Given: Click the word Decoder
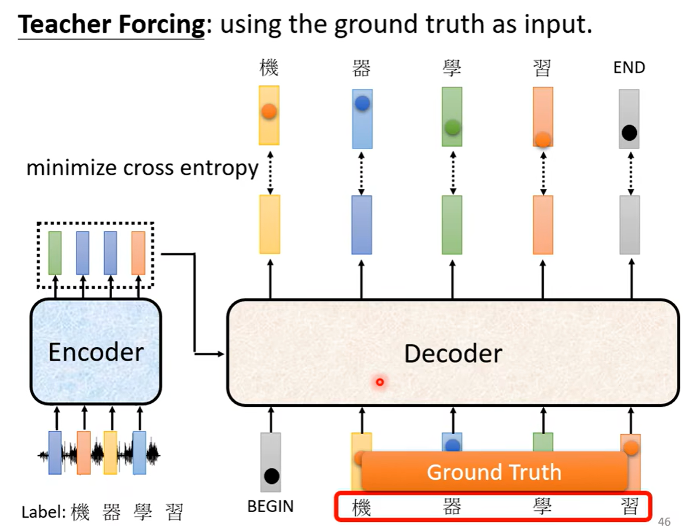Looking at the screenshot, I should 453,353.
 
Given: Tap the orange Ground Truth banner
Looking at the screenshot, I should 494,472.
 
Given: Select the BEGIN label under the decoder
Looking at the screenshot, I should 270,506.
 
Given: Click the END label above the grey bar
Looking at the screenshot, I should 629,68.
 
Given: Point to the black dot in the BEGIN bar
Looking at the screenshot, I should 271,476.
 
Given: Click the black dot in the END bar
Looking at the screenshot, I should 629,133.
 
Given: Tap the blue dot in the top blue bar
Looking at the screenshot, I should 362,103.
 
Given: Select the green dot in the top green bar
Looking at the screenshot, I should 452,127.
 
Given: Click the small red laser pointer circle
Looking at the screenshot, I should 380,382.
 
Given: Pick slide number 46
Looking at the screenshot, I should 664,521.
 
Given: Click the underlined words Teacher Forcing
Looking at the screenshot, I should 111,24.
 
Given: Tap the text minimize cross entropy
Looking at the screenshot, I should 143,168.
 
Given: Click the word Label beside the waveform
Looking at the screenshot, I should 43,512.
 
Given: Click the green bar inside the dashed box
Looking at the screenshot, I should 55,252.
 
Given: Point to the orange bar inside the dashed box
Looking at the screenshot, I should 138,252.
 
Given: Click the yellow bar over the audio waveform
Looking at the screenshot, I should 110,452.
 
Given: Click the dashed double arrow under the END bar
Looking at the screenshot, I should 630,173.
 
